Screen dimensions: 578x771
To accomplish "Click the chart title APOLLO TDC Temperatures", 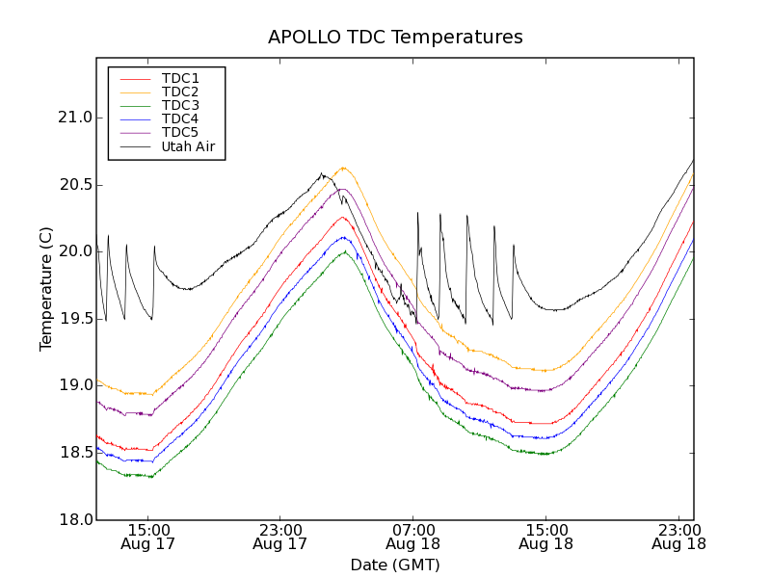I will point(395,38).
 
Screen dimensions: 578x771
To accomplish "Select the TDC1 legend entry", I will point(180,78).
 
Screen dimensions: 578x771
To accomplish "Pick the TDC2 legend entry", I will point(180,92).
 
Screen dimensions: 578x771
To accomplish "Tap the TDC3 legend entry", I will point(180,105).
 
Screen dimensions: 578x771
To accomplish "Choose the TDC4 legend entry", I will point(180,119).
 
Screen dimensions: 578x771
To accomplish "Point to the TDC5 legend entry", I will point(180,133).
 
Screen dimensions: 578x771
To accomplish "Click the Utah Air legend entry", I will point(188,147).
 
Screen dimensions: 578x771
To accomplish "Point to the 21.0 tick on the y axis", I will point(74,118).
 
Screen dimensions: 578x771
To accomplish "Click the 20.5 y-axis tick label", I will point(74,185).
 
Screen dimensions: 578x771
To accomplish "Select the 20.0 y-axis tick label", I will point(74,251).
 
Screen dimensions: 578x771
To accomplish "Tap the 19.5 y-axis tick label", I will point(74,319).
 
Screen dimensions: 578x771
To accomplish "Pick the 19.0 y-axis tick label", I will point(74,385).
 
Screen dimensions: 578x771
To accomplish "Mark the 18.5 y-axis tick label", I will point(74,453).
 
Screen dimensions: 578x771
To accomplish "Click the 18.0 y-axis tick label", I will point(74,519).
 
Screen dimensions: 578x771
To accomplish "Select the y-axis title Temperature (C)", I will point(46,289).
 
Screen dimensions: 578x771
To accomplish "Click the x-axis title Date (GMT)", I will point(395,565).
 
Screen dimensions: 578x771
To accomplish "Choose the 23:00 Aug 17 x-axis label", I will point(279,537).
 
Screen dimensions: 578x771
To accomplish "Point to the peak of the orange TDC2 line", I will point(343,167).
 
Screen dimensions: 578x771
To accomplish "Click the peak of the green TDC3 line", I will point(344,251).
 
